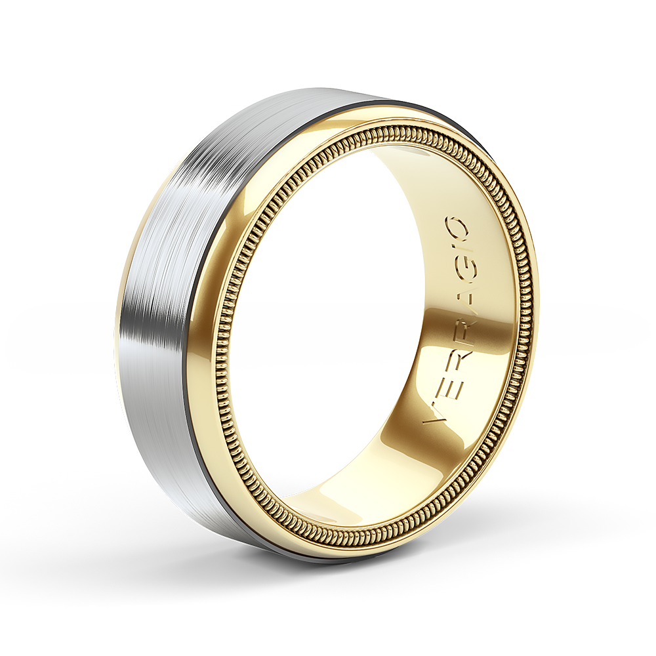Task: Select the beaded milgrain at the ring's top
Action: (394, 128)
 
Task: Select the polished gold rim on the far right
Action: (530, 328)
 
